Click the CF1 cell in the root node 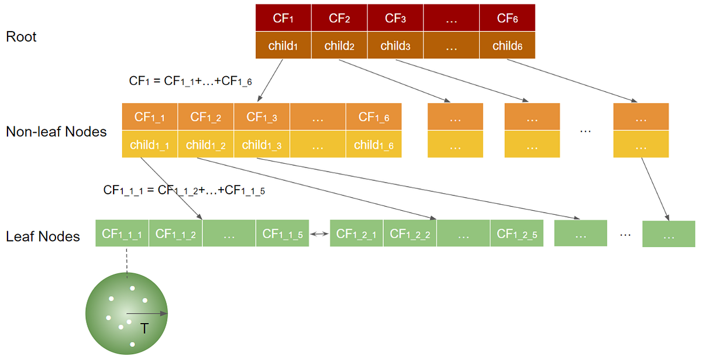(x=284, y=18)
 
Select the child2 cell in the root (x=339, y=45)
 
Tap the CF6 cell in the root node (x=507, y=18)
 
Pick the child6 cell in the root (x=507, y=45)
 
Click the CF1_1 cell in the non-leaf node (x=150, y=117)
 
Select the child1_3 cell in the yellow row (x=261, y=145)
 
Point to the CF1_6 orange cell (x=374, y=117)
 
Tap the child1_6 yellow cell (x=374, y=145)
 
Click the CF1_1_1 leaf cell (x=122, y=234)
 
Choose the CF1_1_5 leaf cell (x=283, y=234)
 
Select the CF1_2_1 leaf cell (x=357, y=234)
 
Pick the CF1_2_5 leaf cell (x=517, y=234)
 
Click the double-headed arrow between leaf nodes (x=319, y=234)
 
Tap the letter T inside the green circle (x=144, y=330)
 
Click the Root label (x=21, y=37)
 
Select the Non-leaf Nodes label (x=56, y=132)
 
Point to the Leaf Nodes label (x=43, y=236)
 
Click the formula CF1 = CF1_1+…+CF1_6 (x=191, y=81)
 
